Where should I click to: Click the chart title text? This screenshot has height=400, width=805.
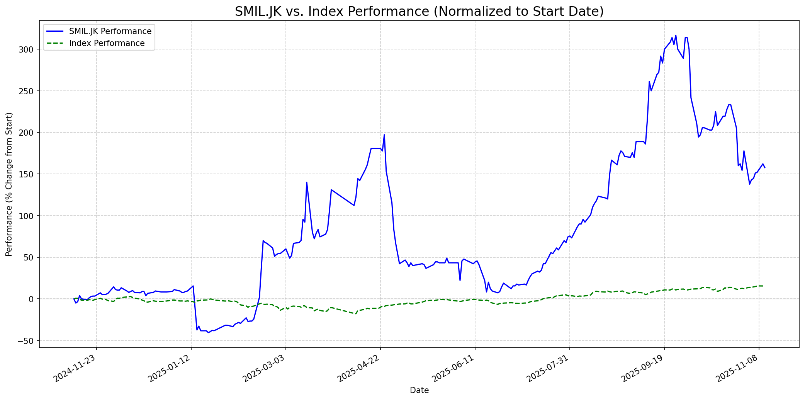click(419, 12)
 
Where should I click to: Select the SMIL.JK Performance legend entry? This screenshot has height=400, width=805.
click(110, 31)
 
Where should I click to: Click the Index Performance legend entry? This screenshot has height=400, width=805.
click(107, 43)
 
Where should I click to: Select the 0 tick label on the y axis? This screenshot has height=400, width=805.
click(32, 299)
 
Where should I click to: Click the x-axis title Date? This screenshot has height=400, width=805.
click(419, 390)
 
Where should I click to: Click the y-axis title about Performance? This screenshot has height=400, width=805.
click(9, 184)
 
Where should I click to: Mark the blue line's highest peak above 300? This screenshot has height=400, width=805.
click(676, 35)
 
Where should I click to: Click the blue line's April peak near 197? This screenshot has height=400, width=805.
click(384, 134)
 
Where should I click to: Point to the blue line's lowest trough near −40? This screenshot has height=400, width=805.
click(208, 332)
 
